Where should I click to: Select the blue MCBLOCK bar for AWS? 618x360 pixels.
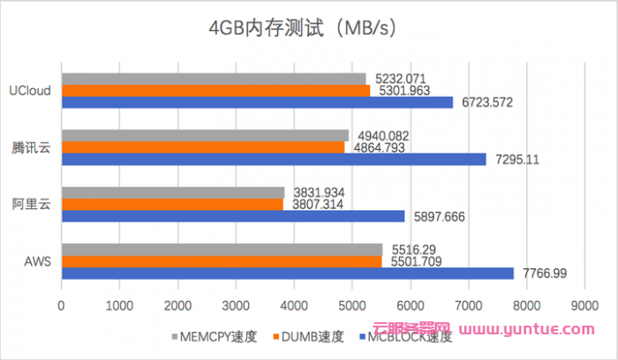(x=287, y=274)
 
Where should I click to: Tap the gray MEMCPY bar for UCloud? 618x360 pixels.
(x=213, y=79)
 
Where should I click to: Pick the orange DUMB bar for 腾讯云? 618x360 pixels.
(x=203, y=147)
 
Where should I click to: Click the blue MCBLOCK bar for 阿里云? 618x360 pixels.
(x=232, y=216)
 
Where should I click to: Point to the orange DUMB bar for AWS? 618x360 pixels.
(x=222, y=261)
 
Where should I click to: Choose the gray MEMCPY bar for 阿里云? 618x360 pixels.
(x=173, y=192)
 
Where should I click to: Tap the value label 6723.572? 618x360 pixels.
(x=485, y=103)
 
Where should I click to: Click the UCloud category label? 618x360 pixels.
(x=30, y=90)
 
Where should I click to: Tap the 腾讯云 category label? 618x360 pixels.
(x=31, y=147)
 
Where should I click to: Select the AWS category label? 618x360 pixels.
(x=36, y=261)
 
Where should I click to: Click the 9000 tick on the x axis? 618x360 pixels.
(x=584, y=304)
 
